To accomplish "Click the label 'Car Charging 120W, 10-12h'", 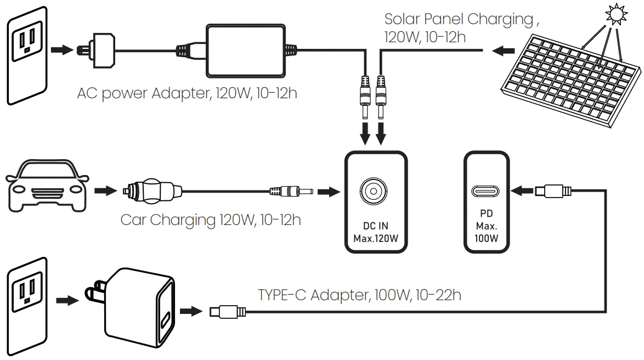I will tap(211, 221).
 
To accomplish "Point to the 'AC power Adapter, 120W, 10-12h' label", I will tap(187, 93).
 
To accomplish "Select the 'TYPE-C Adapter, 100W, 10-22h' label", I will tap(359, 295).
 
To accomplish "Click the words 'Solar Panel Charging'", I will tap(459, 20).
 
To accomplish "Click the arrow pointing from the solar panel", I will tap(501, 51).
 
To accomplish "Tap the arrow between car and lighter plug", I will tap(105, 192).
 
